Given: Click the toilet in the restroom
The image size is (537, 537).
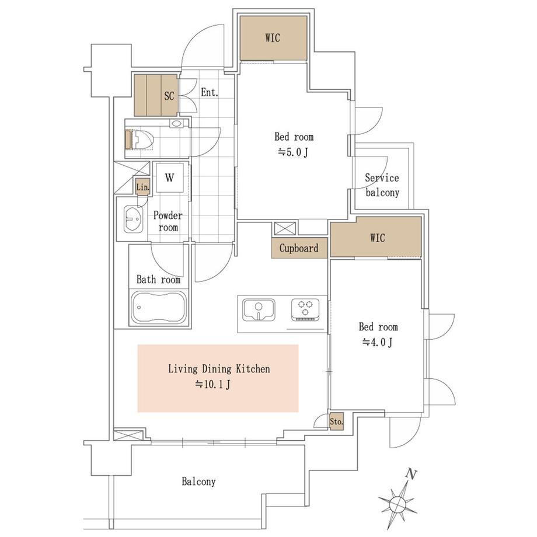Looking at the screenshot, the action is coord(141,140).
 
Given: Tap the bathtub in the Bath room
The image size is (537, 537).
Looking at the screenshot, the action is coord(159,307).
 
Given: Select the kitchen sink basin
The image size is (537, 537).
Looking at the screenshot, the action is coord(259,310).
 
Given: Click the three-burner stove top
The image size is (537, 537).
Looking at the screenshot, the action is coord(305,310).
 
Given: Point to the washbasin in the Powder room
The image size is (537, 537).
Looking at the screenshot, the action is coord(133,219).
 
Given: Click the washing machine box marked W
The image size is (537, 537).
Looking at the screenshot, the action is coord(169,177).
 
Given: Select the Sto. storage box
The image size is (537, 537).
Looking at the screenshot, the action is coord(336,421).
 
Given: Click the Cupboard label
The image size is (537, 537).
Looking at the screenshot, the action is coord(299,248).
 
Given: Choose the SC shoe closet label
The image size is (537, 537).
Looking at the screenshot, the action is coord(169,96).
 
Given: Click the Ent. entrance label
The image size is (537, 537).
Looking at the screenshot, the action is coord(209,92).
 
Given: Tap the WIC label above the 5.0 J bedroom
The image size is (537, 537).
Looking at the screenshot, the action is coord(273,38).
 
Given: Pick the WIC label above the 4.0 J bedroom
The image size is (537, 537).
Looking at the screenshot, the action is coord(378,238).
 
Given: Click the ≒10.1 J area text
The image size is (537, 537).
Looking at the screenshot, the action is coord(212,385).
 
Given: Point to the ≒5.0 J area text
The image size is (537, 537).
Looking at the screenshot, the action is coord(293,152).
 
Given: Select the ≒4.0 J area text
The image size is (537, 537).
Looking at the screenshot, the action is coord(377,342).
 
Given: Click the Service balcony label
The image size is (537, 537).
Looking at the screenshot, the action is coord(382,185).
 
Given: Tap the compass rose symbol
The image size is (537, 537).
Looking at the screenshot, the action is coord(397,503).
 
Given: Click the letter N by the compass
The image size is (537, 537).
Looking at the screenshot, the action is coord(410,475).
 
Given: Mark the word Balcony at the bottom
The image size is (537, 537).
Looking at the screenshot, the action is coord(198,482).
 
